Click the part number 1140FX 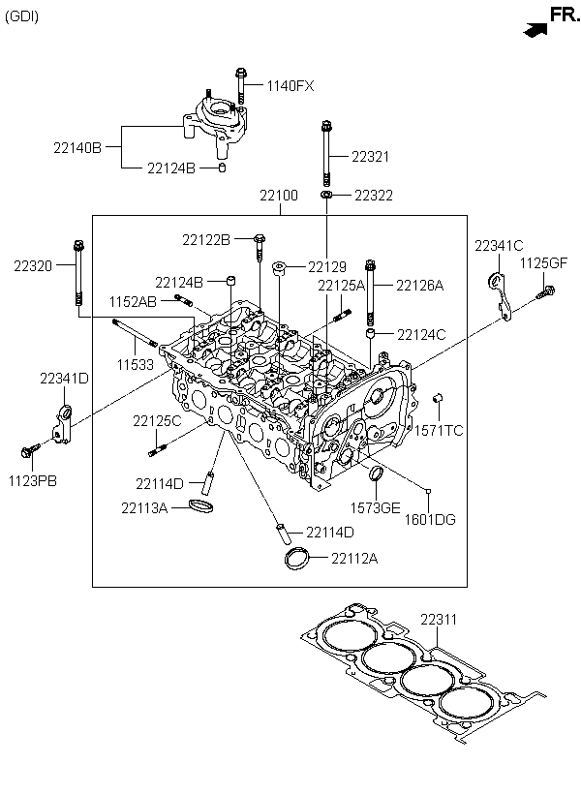click(290, 86)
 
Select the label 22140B click(77, 148)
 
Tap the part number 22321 click(371, 157)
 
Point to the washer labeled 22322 click(326, 195)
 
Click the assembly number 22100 click(279, 195)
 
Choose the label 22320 click(33, 266)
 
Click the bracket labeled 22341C click(500, 295)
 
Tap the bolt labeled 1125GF click(546, 291)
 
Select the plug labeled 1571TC click(439, 398)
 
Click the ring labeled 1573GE click(377, 474)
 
